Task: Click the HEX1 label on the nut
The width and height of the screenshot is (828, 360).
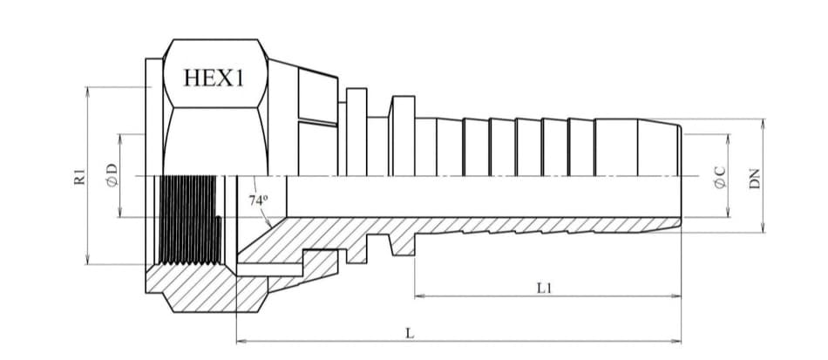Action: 214,78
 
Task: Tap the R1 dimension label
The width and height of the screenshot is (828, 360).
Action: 79,177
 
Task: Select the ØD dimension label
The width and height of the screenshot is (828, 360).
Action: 112,175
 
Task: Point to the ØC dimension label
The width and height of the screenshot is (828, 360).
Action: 720,177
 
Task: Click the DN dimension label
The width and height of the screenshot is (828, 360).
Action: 755,179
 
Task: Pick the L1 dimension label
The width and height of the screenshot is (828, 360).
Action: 545,289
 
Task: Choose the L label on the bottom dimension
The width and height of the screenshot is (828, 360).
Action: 410,334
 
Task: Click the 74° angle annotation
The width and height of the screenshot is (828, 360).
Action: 258,200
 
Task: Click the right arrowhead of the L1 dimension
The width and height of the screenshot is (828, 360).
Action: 676,296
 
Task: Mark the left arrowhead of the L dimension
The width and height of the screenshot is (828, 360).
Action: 241,342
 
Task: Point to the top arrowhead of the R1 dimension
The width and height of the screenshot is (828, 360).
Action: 88,92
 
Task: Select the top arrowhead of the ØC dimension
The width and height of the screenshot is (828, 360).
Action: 728,139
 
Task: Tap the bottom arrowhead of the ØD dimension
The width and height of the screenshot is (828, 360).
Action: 120,212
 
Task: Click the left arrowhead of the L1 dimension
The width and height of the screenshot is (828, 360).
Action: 420,296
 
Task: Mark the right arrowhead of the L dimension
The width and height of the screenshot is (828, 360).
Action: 676,342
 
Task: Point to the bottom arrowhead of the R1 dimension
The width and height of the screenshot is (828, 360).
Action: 88,259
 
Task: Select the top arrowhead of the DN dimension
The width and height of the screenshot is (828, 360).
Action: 763,125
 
